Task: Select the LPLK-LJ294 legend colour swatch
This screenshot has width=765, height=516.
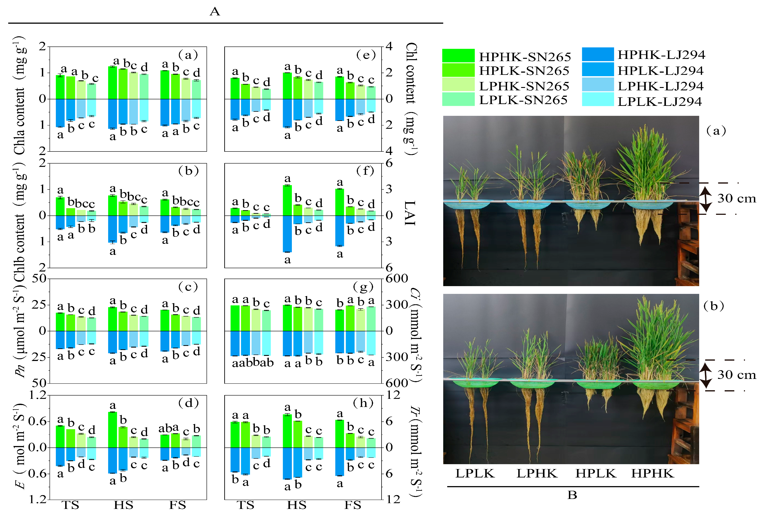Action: [597, 99]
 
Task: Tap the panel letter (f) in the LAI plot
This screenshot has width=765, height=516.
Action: [365, 171]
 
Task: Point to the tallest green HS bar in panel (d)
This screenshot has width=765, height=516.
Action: [113, 429]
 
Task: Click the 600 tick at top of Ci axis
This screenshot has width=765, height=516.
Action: [397, 279]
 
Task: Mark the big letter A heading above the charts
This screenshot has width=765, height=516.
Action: [215, 12]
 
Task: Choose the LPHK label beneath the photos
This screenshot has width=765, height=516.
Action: [537, 473]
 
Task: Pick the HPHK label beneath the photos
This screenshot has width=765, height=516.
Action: [652, 473]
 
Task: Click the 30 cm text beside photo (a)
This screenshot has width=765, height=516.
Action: [736, 198]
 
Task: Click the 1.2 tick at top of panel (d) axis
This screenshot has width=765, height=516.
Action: [38, 395]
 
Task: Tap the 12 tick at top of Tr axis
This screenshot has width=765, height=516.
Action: [393, 395]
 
